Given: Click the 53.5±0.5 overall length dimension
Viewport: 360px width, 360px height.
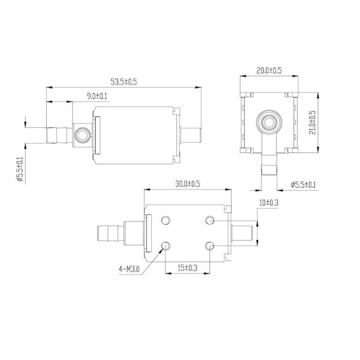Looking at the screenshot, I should tap(123, 82).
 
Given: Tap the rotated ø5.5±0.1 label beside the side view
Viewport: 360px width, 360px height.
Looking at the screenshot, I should tap(20, 170).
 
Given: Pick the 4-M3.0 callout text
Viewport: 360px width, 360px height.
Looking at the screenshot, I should tap(129, 269).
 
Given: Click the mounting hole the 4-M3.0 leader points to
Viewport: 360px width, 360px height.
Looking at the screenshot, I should tap(167, 245).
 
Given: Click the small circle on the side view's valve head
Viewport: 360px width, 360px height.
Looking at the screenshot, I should tap(81, 134).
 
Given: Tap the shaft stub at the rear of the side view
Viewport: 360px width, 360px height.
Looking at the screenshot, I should tap(190, 134).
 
